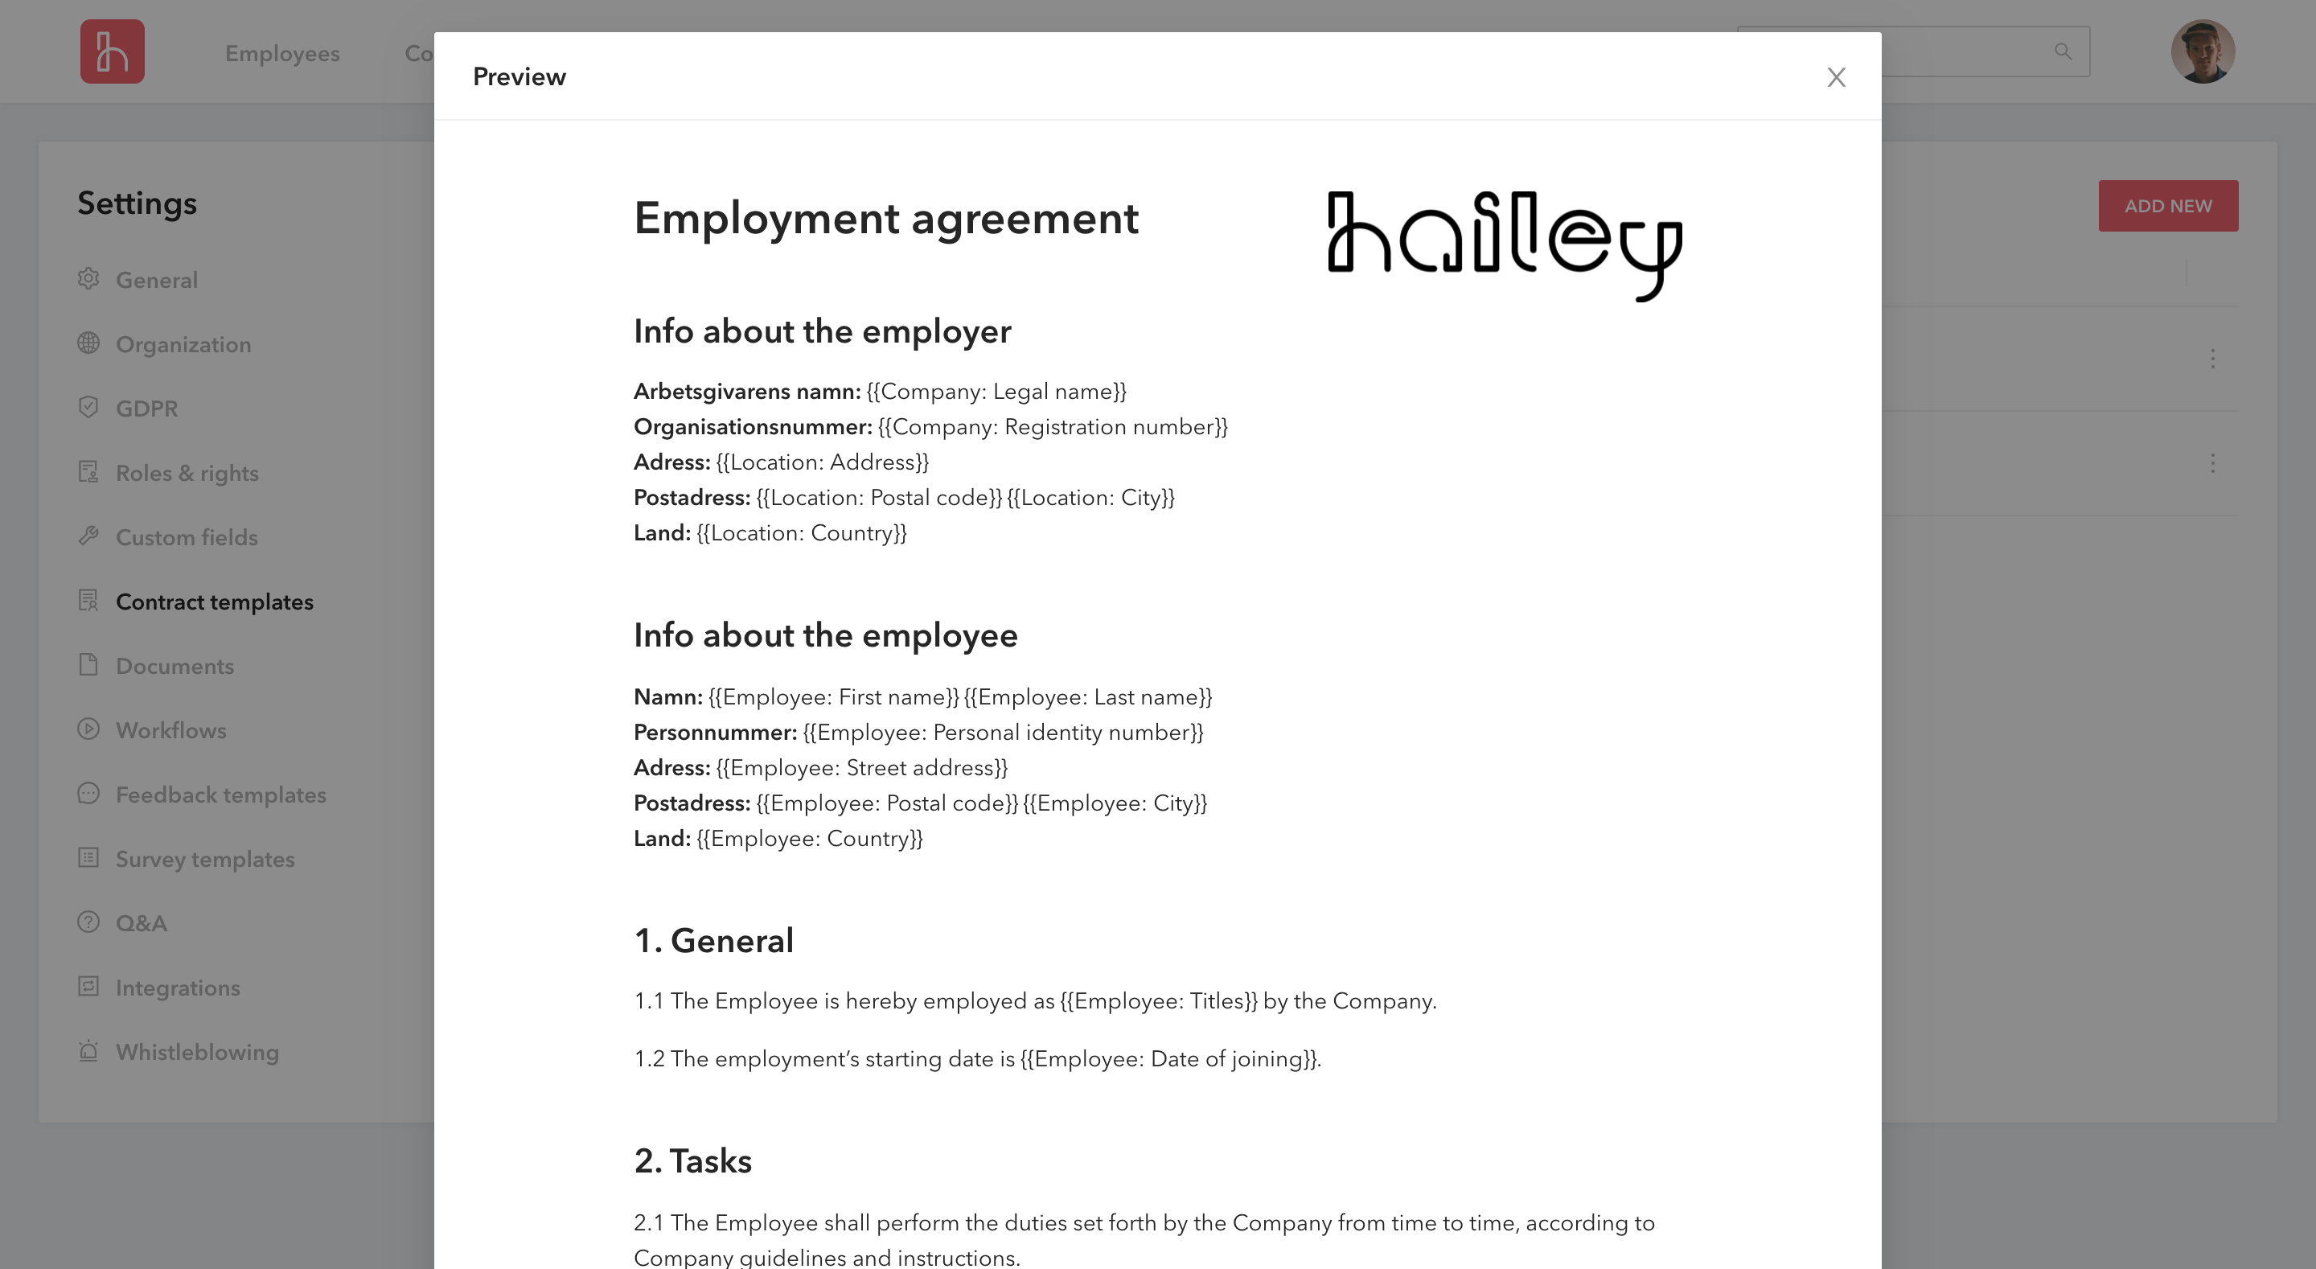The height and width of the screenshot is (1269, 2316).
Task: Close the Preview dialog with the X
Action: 1836,77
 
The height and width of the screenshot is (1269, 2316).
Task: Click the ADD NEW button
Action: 2168,206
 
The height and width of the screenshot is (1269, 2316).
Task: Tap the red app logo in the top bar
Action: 113,52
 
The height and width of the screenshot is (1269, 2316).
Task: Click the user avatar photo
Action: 2203,52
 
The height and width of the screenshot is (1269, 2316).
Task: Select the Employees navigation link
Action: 282,54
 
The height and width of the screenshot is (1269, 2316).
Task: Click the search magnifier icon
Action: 2063,52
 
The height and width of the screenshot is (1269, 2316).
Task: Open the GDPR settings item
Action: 146,409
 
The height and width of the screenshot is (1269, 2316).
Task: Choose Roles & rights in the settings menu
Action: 187,474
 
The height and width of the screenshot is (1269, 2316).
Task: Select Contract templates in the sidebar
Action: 214,602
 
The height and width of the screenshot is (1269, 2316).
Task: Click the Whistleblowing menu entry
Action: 197,1052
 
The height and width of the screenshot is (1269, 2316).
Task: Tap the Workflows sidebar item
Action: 170,731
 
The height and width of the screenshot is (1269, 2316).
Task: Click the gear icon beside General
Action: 88,279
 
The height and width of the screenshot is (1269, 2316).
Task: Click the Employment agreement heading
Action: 885,219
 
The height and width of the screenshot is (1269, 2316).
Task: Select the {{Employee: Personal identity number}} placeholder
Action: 1003,733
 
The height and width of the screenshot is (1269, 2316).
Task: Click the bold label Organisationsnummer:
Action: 753,427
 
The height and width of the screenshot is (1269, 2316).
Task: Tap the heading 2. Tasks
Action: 692,1161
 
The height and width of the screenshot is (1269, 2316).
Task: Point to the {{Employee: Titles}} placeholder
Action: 1158,1002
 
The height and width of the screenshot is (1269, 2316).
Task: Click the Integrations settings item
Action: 177,988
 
